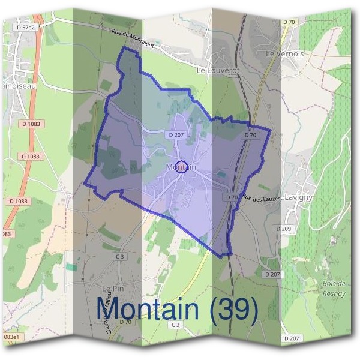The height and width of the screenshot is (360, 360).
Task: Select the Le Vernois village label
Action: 284,53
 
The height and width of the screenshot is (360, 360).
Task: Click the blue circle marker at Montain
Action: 184,167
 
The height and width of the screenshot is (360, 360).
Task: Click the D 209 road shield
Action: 283,229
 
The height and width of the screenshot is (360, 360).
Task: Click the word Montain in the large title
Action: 148,310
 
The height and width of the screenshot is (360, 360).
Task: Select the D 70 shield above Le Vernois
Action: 289,22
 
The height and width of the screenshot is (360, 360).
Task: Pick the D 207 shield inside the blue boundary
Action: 176,135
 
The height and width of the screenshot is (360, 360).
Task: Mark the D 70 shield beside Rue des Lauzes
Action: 232,197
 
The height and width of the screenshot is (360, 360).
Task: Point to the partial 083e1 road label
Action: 11,337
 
